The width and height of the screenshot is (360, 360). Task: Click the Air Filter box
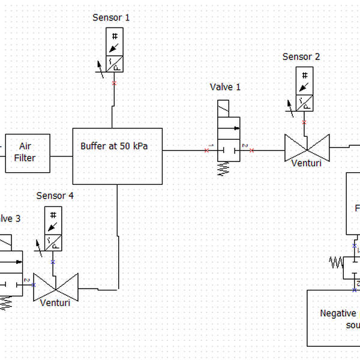tap(28, 153)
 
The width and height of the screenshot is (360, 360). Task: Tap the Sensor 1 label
tap(111, 17)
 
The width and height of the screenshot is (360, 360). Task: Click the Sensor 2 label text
tap(301, 57)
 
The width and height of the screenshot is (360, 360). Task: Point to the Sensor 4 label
tap(55, 196)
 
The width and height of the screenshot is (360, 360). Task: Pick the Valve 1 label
tap(225, 87)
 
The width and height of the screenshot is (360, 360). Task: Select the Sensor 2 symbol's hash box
tap(305, 76)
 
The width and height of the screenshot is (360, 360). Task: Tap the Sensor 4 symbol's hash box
tap(53, 215)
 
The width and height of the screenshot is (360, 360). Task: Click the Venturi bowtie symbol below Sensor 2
tap(307, 146)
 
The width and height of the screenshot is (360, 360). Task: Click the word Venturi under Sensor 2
tap(307, 163)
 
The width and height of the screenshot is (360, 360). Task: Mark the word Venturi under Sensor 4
tap(55, 302)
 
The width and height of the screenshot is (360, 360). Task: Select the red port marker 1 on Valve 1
tap(207, 150)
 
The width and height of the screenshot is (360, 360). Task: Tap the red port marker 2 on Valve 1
tap(251, 150)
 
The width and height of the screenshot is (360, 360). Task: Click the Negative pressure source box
tap(334, 318)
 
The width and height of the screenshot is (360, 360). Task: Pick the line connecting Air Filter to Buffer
tap(61, 156)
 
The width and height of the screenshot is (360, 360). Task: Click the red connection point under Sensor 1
tap(114, 83)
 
